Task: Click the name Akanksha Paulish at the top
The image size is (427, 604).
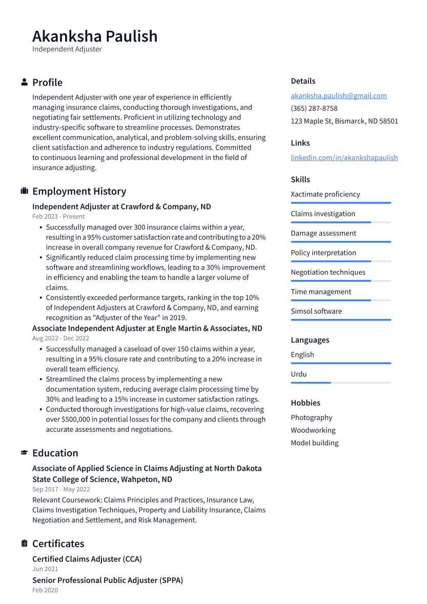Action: [95, 36]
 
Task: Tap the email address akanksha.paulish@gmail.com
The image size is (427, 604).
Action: [338, 96]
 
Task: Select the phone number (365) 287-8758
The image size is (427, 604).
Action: [314, 109]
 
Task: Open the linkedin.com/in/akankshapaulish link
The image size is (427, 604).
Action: [344, 158]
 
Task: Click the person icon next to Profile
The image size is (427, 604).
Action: [24, 83]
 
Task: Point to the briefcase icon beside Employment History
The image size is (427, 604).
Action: [24, 191]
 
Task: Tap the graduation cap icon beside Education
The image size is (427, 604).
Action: [24, 453]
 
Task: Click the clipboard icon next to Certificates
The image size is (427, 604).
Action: [24, 543]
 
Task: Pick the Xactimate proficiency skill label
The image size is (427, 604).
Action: [325, 194]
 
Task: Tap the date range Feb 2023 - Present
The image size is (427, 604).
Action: [58, 217]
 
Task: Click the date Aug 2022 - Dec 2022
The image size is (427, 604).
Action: [60, 338]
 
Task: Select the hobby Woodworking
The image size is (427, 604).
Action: [313, 431]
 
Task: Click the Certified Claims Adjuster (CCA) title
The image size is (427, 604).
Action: [87, 559]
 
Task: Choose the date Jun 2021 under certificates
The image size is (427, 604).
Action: [45, 569]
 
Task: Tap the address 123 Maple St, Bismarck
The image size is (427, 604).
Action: [344, 122]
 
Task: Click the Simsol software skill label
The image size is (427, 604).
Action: [316, 311]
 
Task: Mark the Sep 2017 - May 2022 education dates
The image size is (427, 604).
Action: [61, 490]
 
